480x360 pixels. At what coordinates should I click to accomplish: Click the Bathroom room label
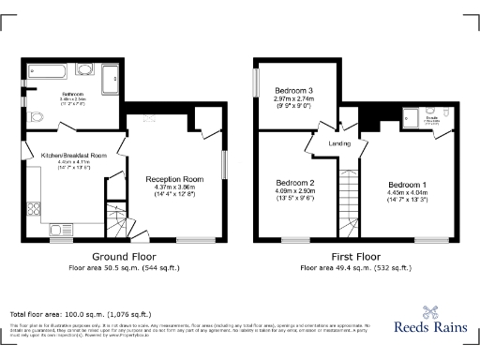(48, 95)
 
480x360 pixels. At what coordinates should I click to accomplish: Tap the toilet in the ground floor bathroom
(36, 117)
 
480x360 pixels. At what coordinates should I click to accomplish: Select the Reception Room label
(174, 179)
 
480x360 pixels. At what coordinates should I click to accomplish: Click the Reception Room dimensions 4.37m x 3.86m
(174, 187)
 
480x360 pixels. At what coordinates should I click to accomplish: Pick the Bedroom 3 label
(293, 91)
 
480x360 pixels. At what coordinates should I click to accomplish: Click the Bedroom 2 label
(294, 182)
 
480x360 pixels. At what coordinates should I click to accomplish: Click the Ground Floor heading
(124, 255)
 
